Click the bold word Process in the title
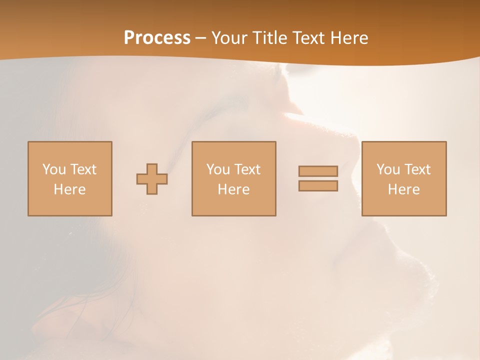coord(157,38)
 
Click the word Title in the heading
coord(269,38)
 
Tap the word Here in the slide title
coord(348,38)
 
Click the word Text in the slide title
coord(307,38)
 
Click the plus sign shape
coord(152,179)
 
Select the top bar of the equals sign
coord(318,171)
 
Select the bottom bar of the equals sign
coord(318,186)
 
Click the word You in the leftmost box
coord(54,169)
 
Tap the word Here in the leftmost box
coord(69,189)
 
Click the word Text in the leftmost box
coord(83,169)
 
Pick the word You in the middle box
coord(218,169)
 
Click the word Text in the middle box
coord(247,169)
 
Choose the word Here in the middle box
coord(233,189)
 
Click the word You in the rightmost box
coord(388,169)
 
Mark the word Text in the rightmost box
coord(417,169)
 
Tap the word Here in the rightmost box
coord(403,189)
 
